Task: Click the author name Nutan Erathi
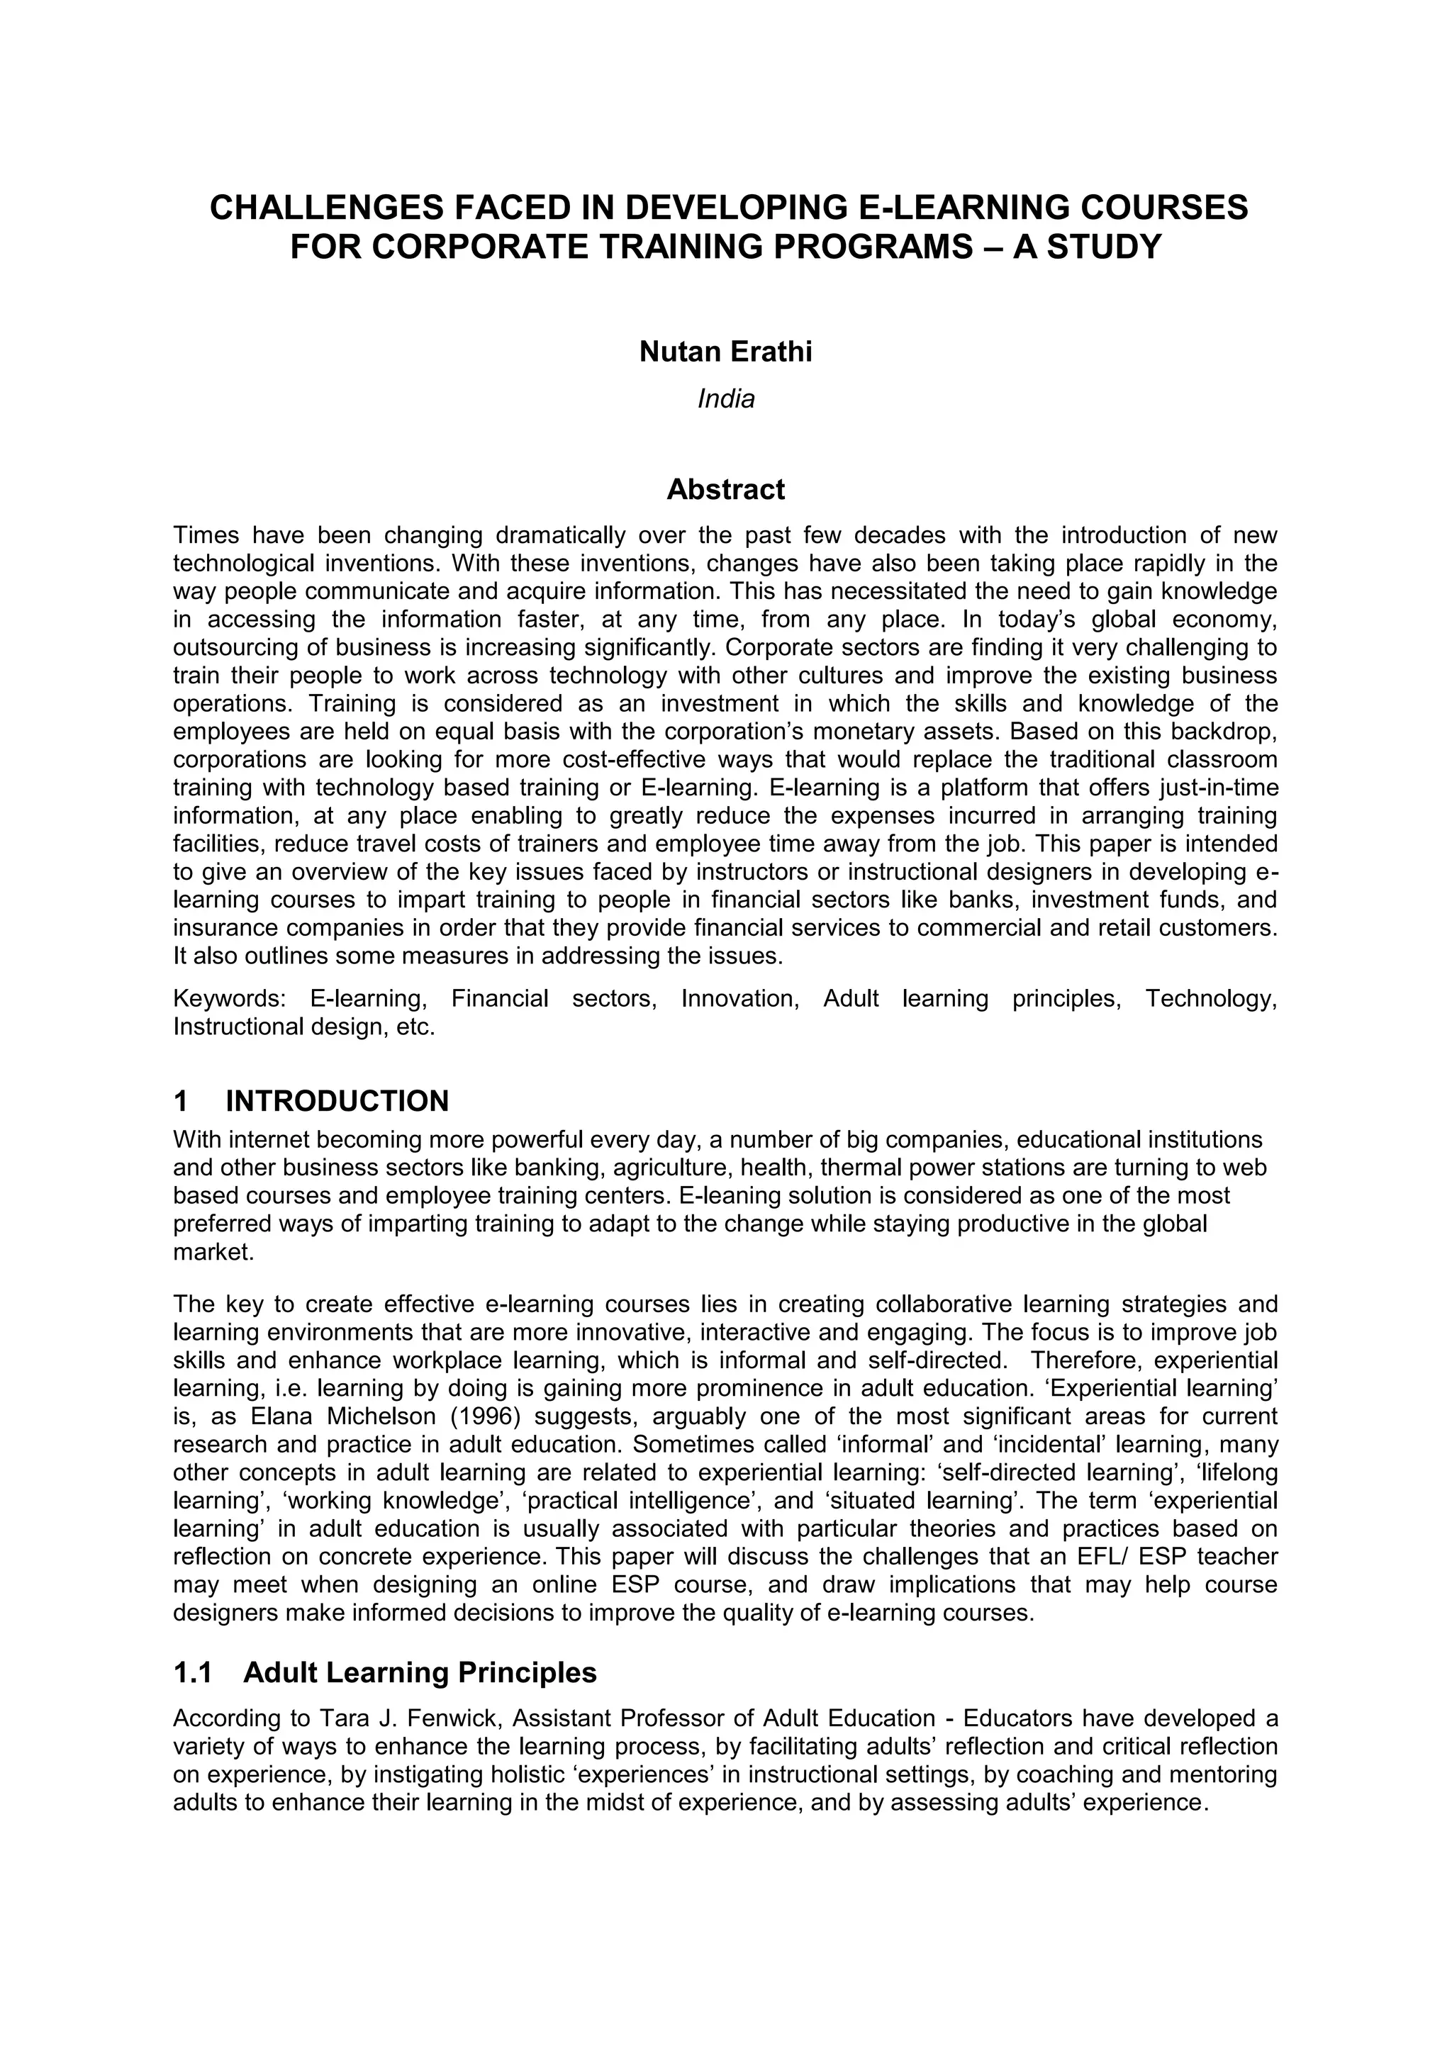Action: (x=725, y=352)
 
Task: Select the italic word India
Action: (x=725, y=399)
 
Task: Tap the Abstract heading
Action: (x=725, y=490)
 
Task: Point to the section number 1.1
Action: (x=192, y=1673)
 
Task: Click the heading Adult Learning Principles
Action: (x=419, y=1673)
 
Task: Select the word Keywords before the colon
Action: (x=228, y=999)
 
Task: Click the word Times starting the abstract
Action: (x=206, y=536)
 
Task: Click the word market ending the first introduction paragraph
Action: (x=213, y=1253)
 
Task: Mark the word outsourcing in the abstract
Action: (x=229, y=647)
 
